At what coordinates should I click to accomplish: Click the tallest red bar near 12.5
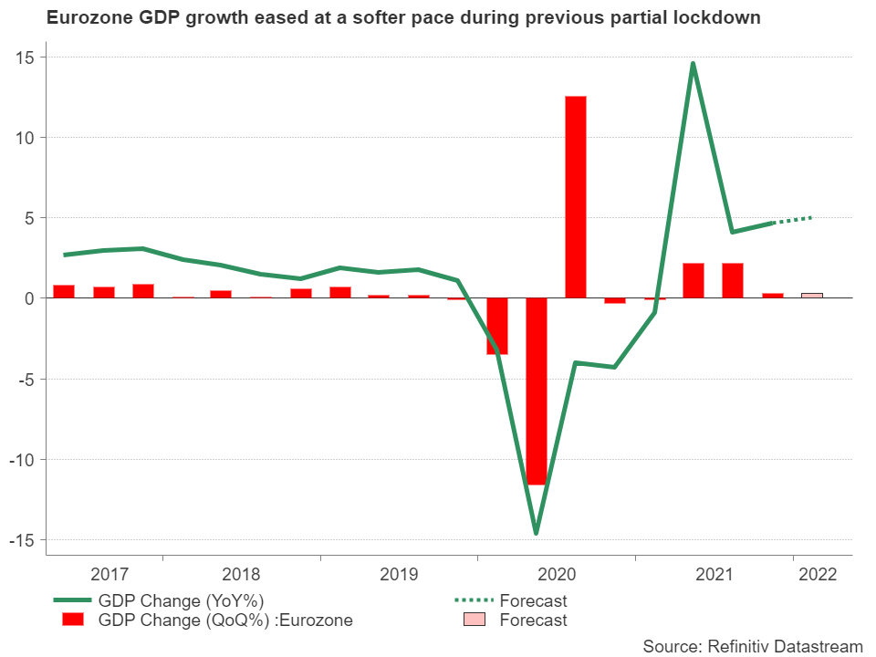pyautogui.click(x=576, y=197)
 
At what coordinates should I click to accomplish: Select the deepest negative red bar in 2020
pyautogui.click(x=537, y=391)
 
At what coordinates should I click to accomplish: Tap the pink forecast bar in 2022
pyautogui.click(x=811, y=296)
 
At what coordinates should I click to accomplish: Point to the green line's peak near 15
pyautogui.click(x=693, y=64)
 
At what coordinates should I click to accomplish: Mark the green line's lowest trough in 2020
pyautogui.click(x=536, y=532)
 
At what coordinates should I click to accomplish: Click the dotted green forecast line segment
pyautogui.click(x=792, y=220)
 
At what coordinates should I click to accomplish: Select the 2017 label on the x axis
pyautogui.click(x=109, y=575)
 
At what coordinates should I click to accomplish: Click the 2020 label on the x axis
pyautogui.click(x=557, y=575)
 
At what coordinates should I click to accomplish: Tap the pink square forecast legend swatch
pyautogui.click(x=474, y=620)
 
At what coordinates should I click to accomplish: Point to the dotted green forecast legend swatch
pyautogui.click(x=474, y=600)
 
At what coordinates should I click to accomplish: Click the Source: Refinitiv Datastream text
pyautogui.click(x=752, y=646)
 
